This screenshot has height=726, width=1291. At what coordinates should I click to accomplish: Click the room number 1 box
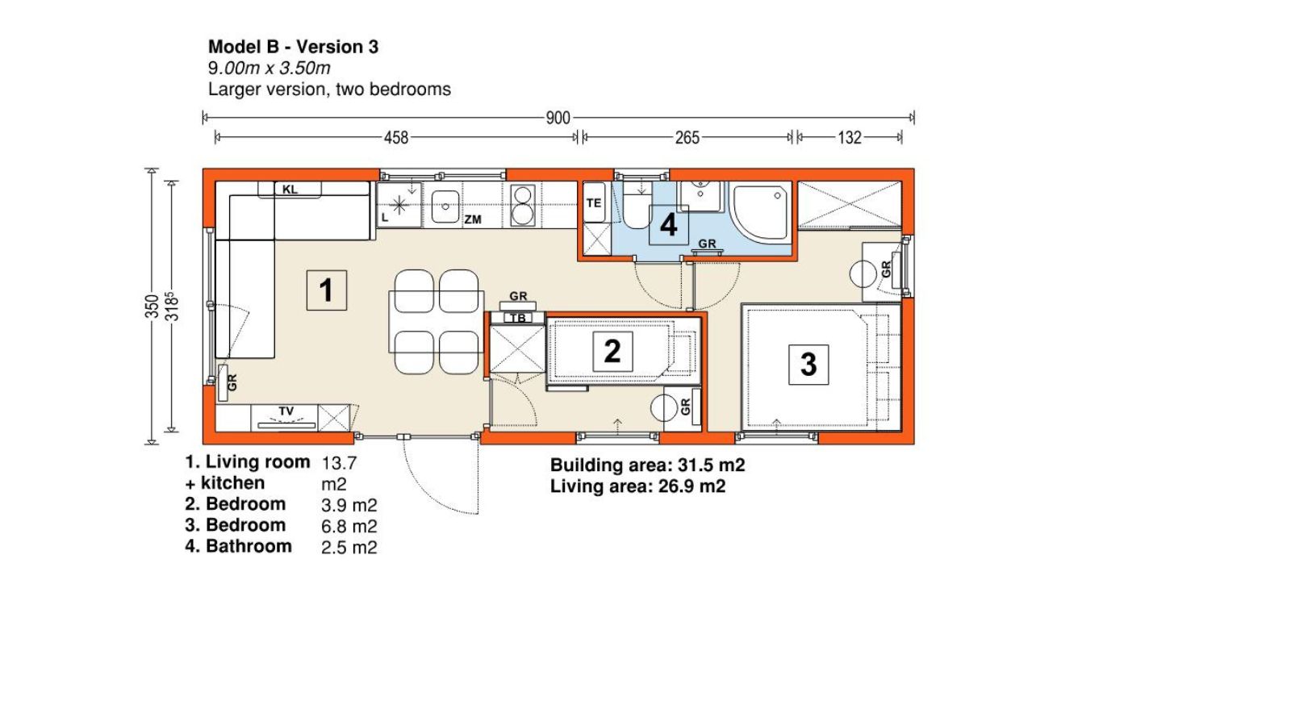pos(326,290)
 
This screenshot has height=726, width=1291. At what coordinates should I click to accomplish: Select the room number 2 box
pos(612,352)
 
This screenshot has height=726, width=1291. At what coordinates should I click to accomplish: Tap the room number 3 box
pos(808,365)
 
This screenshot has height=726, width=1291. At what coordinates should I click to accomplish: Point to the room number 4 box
pos(669,225)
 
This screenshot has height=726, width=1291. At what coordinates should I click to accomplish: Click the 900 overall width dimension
pos(558,118)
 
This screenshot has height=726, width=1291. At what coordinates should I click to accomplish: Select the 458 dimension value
pos(396,138)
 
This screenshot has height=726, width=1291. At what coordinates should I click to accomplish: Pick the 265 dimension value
pos(687,138)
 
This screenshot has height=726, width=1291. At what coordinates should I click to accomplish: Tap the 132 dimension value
pos(850,138)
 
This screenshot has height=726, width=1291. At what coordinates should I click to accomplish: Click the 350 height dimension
pos(152,306)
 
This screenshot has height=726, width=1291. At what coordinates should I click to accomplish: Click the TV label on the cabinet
pos(286,411)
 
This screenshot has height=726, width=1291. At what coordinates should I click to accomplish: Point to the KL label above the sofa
pos(290,190)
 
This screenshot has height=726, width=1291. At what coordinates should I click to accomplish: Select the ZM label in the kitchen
pos(473,219)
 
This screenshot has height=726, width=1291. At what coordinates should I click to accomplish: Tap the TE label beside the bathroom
pos(594,202)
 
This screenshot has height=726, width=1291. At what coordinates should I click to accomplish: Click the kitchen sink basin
pos(445,207)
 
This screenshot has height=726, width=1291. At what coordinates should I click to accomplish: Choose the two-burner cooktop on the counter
pos(523,205)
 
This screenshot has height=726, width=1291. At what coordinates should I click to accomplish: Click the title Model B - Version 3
pos(294,47)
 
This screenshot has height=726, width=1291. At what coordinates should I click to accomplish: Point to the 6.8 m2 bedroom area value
pos(349,526)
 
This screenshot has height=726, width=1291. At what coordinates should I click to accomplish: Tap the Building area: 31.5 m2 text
pos(648,465)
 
